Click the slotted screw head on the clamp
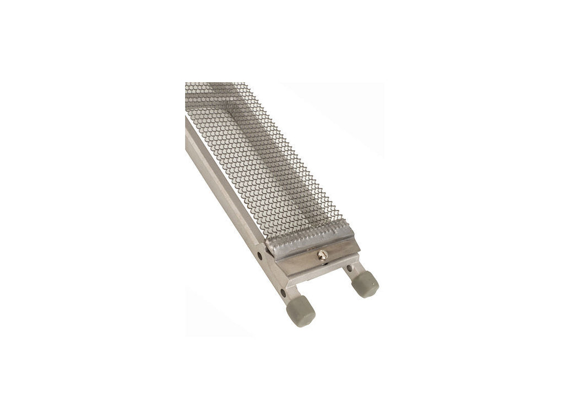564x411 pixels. coord(323,254)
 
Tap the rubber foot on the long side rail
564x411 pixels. coord(300,311)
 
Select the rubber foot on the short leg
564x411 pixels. coord(365,284)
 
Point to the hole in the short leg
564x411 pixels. coord(350,269)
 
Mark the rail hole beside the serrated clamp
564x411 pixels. coord(260,256)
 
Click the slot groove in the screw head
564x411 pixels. coord(323,254)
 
